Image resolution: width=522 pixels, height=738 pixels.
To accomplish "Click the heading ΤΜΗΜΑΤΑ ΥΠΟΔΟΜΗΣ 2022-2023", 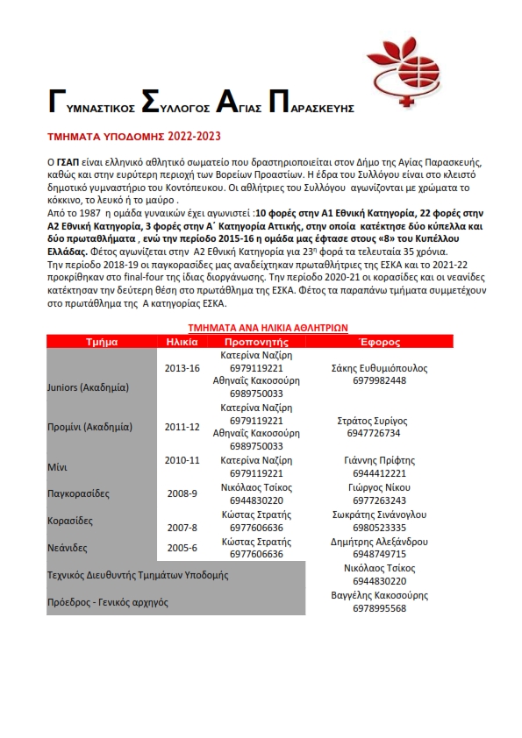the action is point(133,137).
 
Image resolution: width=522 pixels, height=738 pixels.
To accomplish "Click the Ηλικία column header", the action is point(182,342).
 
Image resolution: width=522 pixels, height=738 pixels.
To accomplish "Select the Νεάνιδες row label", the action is point(69,548).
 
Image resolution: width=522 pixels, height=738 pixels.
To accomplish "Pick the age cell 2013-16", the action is point(182,368).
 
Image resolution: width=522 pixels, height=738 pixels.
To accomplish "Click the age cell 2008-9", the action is point(182,493).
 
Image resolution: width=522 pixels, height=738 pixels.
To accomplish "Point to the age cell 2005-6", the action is point(182,548).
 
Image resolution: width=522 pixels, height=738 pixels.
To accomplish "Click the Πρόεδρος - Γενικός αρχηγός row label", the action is point(107,602).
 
